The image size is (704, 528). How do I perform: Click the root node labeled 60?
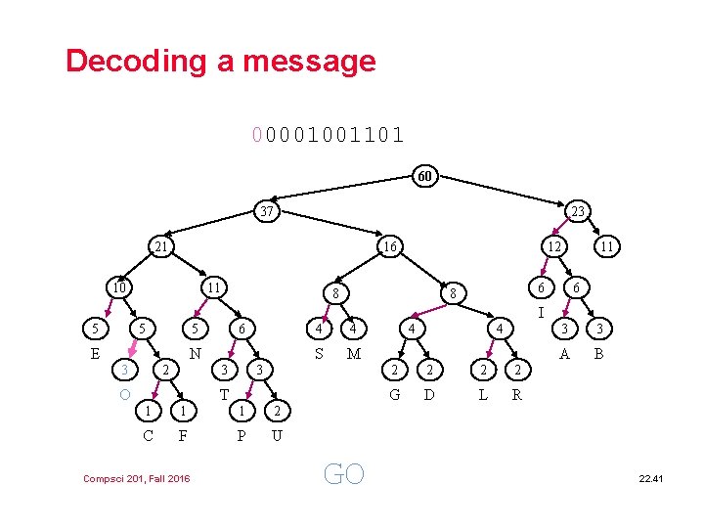click(x=424, y=177)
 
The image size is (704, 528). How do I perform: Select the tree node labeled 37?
click(x=265, y=210)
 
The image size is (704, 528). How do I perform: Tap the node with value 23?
click(x=577, y=210)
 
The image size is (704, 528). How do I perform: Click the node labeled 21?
click(x=161, y=247)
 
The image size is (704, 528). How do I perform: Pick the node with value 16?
click(x=389, y=247)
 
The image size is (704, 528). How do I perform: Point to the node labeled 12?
click(x=553, y=247)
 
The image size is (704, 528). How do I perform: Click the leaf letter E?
click(x=95, y=353)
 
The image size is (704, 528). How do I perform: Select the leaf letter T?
click(x=224, y=394)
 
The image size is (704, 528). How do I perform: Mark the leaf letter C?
click(x=148, y=434)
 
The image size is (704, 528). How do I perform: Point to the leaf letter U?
click(x=277, y=434)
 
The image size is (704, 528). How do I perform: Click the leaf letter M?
click(x=354, y=353)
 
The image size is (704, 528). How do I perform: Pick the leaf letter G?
click(x=394, y=394)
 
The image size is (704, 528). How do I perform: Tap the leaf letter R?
click(x=517, y=394)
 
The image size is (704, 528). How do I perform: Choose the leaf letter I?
click(x=541, y=313)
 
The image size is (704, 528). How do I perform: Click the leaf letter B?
click(x=599, y=353)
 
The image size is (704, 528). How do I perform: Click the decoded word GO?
click(x=343, y=474)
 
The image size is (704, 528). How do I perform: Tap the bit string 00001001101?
click(x=328, y=133)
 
